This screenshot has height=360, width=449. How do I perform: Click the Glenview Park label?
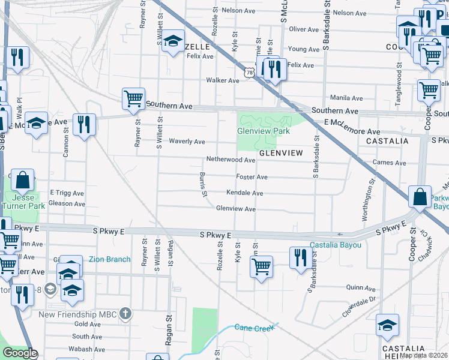[264, 131]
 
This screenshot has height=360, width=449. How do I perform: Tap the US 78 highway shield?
[249, 72]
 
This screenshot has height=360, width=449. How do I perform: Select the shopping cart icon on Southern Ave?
[133, 98]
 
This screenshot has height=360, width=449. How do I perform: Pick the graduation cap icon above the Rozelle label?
[173, 41]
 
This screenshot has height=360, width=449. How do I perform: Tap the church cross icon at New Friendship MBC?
[125, 313]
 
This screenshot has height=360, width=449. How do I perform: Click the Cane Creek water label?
[253, 327]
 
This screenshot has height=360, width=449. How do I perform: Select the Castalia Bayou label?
[336, 245]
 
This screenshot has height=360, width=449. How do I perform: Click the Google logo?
[19, 353]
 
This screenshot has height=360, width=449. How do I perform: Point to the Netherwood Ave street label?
[231, 160]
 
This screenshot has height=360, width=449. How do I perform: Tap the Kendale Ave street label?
[244, 193]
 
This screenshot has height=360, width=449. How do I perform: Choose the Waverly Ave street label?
[186, 142]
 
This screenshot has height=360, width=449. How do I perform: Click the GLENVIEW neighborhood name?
[281, 153]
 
